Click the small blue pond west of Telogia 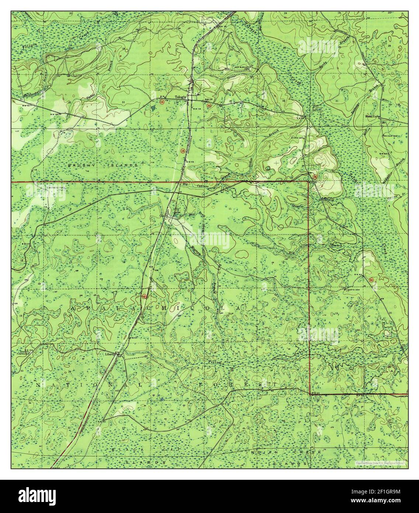(153, 108)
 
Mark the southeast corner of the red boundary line (309, 394)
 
